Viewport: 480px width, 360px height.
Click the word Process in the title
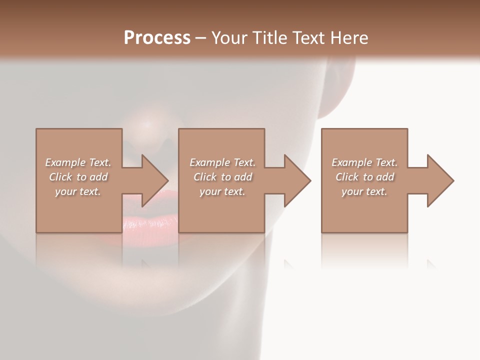157,37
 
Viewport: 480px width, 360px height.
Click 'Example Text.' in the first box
78,162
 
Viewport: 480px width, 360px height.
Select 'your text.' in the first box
78,191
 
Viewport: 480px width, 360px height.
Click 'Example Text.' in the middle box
222,162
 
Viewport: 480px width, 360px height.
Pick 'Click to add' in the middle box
222,177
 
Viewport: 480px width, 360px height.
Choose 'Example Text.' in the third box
364,162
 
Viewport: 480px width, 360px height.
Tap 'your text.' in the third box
364,191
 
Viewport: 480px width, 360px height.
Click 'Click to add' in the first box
78,177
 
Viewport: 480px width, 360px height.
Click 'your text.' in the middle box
222,191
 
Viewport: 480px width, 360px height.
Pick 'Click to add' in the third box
364,177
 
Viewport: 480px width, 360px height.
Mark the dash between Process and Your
200,38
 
